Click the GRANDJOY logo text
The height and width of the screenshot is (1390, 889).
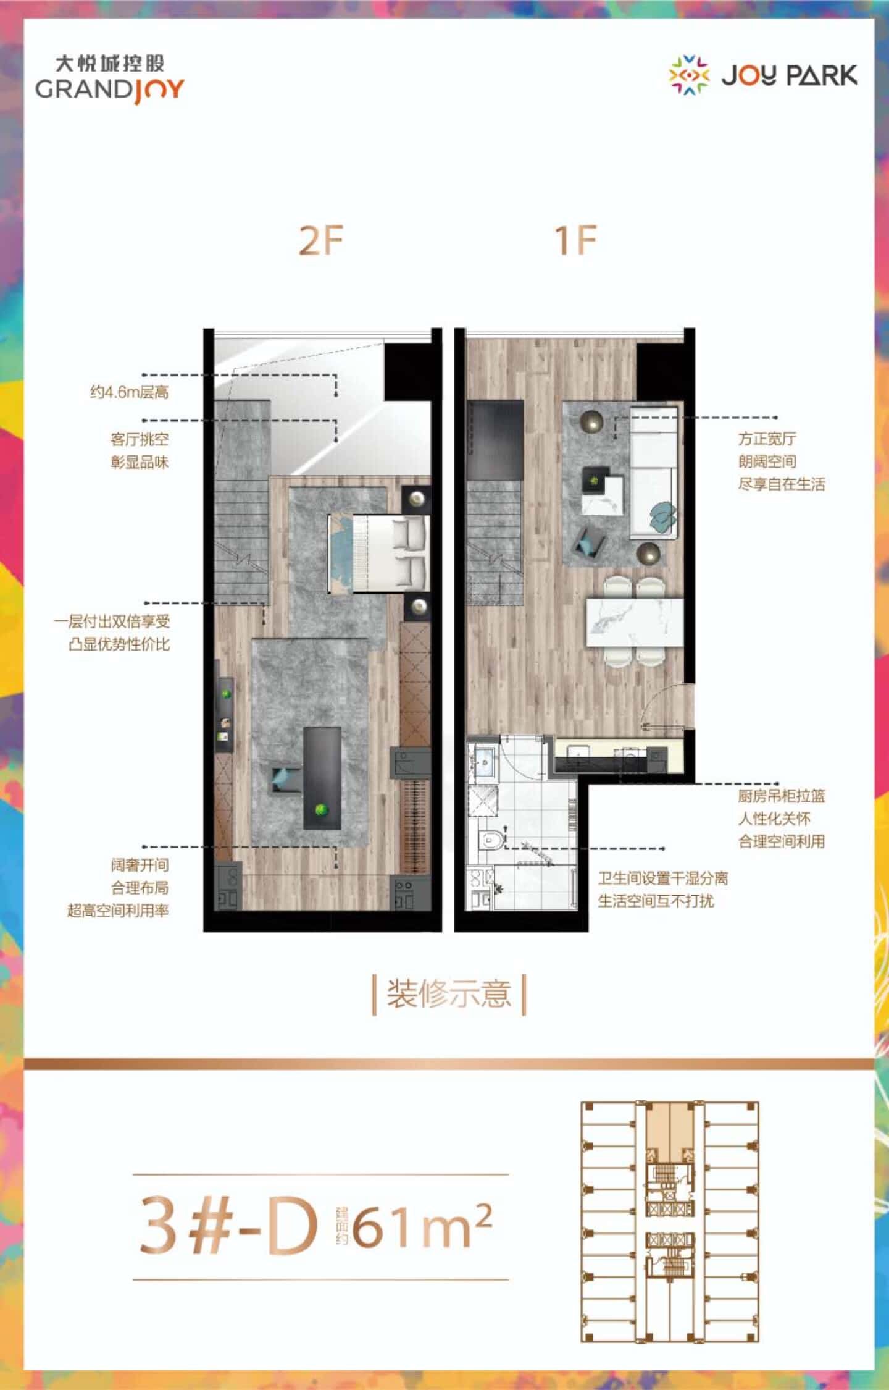110,89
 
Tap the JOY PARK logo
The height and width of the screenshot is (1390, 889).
764,75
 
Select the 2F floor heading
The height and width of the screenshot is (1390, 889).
320,241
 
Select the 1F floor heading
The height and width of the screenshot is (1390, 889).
575,241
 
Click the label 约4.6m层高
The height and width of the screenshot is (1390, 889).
130,392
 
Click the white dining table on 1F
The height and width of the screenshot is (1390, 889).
635,622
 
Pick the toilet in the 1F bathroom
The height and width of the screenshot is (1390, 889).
491,840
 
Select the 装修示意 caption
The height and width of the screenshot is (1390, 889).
449,994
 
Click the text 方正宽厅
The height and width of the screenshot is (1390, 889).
767,439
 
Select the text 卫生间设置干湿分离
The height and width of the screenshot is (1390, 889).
663,878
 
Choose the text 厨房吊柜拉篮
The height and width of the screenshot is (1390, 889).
782,796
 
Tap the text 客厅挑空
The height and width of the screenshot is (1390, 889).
140,440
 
